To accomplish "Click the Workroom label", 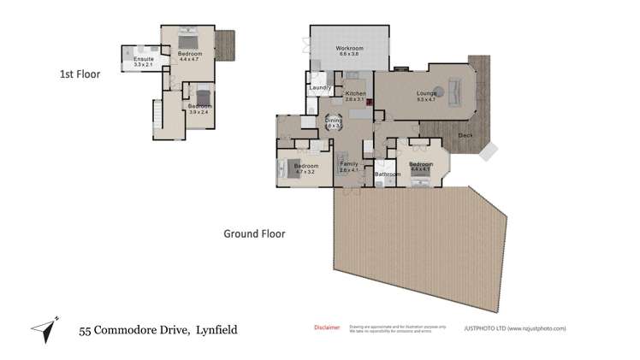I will coord(349,48).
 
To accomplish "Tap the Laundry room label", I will coord(320,87).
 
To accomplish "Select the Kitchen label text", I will coord(355,93).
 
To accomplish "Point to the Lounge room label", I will coord(425,93).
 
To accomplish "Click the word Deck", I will coord(465,136).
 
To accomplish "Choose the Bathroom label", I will coord(388,174).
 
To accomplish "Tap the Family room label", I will coord(349,163).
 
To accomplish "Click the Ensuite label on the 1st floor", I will coord(143,59).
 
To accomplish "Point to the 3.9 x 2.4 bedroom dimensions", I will coord(199,112).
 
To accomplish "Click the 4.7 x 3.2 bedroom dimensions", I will coord(305,172).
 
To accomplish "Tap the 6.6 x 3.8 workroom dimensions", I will coord(349,54).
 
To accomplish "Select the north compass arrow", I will coord(44,328).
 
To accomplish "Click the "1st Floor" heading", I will coord(80,74).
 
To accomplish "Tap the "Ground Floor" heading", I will coord(254,233).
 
